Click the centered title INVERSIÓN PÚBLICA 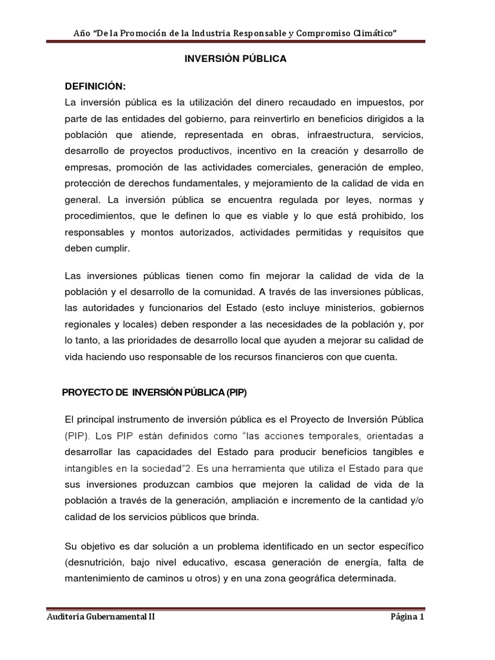pyautogui.click(x=235, y=59)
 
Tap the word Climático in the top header pyautogui.click(x=371, y=32)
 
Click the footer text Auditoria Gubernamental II pyautogui.click(x=101, y=616)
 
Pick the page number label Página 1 pyautogui.click(x=407, y=616)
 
